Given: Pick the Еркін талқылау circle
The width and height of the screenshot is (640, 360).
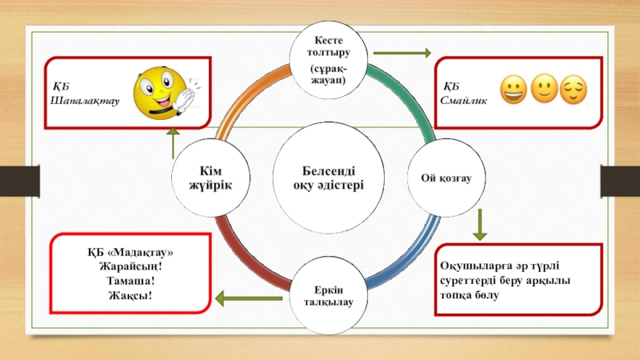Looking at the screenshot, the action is pyautogui.click(x=328, y=294).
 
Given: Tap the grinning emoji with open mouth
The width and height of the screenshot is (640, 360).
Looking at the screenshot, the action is pyautogui.click(x=512, y=90).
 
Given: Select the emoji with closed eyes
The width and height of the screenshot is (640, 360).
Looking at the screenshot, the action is pyautogui.click(x=573, y=90).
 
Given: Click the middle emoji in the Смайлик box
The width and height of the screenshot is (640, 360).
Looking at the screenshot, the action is pyautogui.click(x=543, y=90).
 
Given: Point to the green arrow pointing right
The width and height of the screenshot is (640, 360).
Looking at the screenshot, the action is pyautogui.click(x=402, y=53).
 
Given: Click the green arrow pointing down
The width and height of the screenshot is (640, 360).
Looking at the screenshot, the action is pyautogui.click(x=479, y=225).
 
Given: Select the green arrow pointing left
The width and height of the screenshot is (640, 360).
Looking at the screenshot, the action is pyautogui.click(x=250, y=301).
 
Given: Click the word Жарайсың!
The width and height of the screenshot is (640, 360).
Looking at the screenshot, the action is pyautogui.click(x=130, y=267).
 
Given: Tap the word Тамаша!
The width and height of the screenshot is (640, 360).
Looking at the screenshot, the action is pyautogui.click(x=130, y=282).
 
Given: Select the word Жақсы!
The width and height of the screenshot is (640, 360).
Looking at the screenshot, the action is pyautogui.click(x=130, y=296).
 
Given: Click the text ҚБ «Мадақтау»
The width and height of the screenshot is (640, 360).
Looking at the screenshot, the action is pyautogui.click(x=130, y=253).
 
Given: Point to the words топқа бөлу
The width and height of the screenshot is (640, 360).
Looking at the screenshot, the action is pyautogui.click(x=470, y=295).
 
